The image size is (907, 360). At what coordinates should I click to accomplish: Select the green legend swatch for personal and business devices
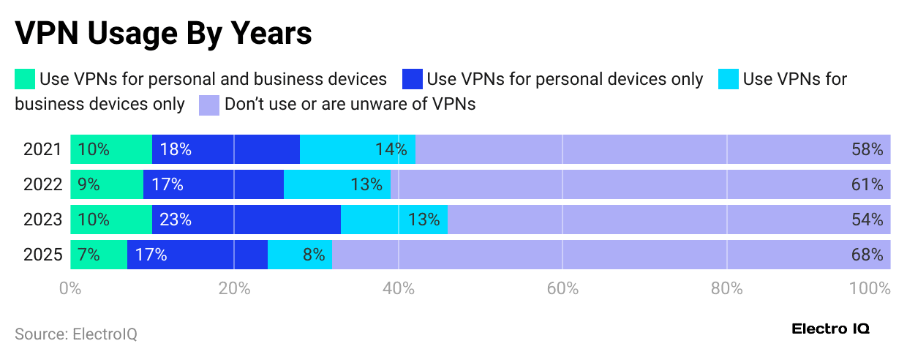pos(25,78)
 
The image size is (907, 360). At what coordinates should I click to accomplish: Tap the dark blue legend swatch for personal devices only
pos(413,78)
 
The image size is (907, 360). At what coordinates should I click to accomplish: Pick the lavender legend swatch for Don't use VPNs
pos(209,104)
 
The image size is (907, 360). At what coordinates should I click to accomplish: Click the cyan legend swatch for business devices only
pos(729,78)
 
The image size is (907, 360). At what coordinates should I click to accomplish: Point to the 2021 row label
pos(42,149)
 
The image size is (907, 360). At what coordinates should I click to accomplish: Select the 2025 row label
pos(42,255)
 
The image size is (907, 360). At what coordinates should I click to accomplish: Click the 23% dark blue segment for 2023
pos(246,220)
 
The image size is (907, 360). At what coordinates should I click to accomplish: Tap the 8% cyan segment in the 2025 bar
pos(300,255)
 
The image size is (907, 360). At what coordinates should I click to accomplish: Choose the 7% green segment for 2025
pos(99,255)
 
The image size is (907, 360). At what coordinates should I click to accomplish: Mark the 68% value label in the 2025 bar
pos(868,255)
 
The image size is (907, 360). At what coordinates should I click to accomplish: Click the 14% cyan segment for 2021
pos(358,149)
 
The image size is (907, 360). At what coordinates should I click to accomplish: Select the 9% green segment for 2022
pos(107,184)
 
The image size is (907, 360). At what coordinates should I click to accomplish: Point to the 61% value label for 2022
pos(868,184)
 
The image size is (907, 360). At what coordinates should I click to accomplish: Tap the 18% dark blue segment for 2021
pos(226,149)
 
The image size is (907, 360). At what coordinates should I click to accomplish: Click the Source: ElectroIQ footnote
pos(76,334)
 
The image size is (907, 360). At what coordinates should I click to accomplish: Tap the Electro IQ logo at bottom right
pos(830,329)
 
